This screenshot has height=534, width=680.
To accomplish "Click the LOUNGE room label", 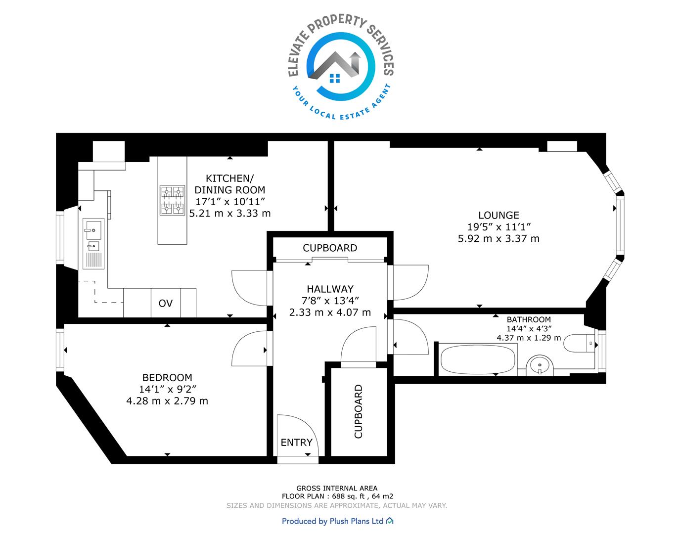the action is (x=499, y=215).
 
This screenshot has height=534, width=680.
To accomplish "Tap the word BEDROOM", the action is (x=167, y=377).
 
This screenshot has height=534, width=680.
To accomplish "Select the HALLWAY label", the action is (x=330, y=289).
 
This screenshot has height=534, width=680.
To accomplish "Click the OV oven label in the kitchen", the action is (x=166, y=303).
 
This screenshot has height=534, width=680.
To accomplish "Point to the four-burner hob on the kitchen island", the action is (x=173, y=200).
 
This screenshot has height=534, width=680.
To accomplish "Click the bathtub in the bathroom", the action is (x=478, y=359).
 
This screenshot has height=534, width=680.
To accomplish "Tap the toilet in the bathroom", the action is (x=579, y=343).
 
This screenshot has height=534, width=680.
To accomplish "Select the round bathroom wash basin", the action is (x=540, y=365).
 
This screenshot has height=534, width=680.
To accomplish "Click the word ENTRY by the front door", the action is (x=296, y=443).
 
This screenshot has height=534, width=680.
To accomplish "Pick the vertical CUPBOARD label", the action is (x=359, y=411).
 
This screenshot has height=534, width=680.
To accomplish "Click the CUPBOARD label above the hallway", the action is (x=330, y=248).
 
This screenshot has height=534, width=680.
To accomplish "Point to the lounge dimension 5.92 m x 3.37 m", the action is (x=499, y=239).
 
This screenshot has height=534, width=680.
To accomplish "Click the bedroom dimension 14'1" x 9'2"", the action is (x=168, y=389).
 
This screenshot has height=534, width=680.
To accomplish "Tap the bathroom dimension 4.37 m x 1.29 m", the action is (x=529, y=338).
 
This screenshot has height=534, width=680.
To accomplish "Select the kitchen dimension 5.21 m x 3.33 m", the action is (x=229, y=213).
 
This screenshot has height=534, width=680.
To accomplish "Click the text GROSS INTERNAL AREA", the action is (x=337, y=489).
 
